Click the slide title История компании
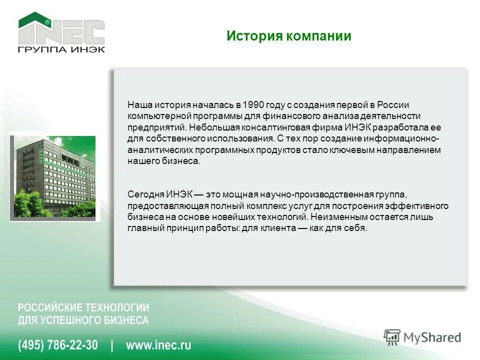pyautogui.click(x=288, y=36)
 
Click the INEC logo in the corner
pyautogui.click(x=61, y=29)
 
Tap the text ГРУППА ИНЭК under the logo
pyautogui.click(x=61, y=49)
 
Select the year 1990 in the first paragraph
pyautogui.click(x=253, y=105)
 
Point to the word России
pyautogui.click(x=393, y=105)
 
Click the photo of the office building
pyautogui.click(x=54, y=176)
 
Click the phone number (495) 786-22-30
pyautogui.click(x=58, y=345)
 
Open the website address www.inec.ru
pyautogui.click(x=158, y=345)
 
